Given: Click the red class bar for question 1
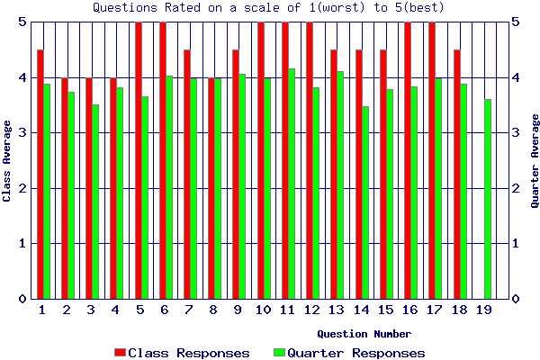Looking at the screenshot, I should point(40,174).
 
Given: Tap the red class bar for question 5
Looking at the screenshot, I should point(139,160).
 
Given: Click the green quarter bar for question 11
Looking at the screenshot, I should point(292,184).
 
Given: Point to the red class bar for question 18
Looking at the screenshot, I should point(457,174).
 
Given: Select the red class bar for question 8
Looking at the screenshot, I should point(211,188).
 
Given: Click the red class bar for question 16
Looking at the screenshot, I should point(408,160).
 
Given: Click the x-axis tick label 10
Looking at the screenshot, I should point(263,310).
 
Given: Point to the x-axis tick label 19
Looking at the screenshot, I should point(482,310).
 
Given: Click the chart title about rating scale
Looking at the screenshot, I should point(269,7).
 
